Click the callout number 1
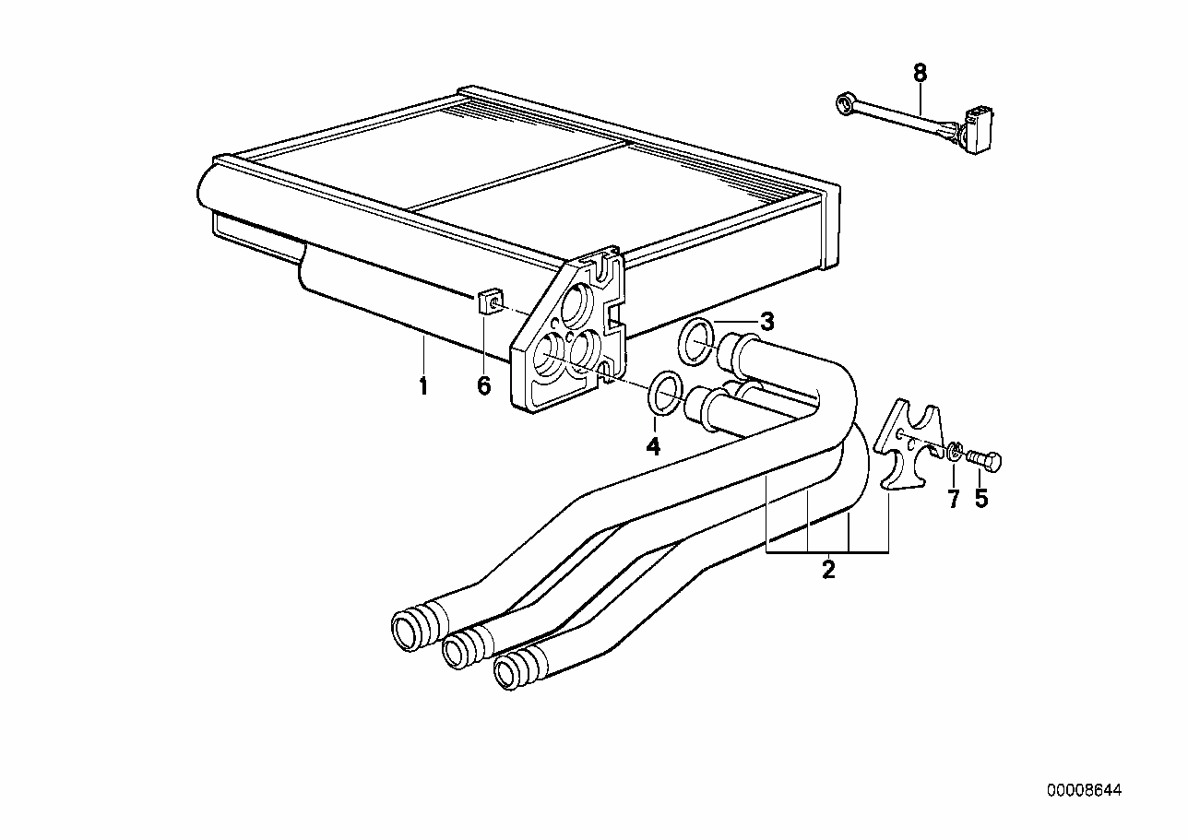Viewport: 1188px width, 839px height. pyautogui.click(x=423, y=385)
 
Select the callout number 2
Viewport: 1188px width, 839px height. pyautogui.click(x=828, y=569)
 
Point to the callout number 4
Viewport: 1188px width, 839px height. pyautogui.click(x=653, y=447)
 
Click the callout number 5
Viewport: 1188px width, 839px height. pyautogui.click(x=981, y=499)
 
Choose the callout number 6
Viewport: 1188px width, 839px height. pyautogui.click(x=484, y=385)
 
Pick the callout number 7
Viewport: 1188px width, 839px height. pyautogui.click(x=954, y=499)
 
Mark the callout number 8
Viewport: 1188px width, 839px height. pyautogui.click(x=921, y=73)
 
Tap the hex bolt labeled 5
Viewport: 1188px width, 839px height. pyautogui.click(x=984, y=458)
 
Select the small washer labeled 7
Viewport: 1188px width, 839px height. pyautogui.click(x=954, y=451)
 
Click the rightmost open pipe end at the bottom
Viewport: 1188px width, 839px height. pyautogui.click(x=507, y=672)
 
